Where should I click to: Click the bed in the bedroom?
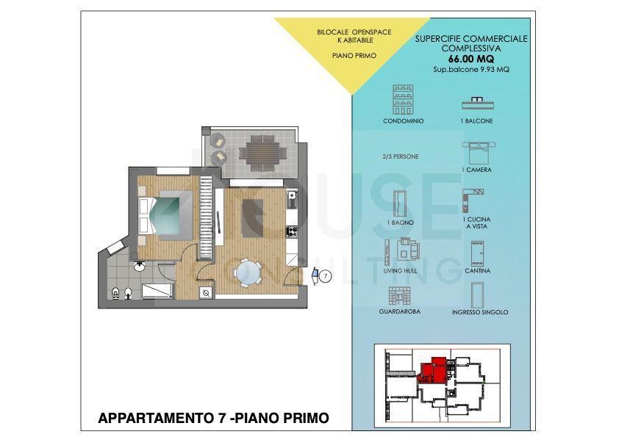(165, 216)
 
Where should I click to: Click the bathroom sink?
(139, 267)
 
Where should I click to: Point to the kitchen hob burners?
(292, 231)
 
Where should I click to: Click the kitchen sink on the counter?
(292, 200)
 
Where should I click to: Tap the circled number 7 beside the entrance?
(325, 276)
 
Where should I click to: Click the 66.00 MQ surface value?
(471, 59)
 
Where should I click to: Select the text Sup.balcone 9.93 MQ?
(471, 70)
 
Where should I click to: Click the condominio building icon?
(403, 99)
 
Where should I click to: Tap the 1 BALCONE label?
(476, 121)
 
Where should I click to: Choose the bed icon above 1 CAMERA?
(479, 153)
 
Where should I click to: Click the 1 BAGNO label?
(401, 223)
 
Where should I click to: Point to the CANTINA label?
(477, 271)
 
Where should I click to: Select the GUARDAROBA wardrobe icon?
(399, 296)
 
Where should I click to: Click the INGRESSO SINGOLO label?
(480, 312)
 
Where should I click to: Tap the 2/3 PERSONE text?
(401, 156)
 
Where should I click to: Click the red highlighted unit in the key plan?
(434, 369)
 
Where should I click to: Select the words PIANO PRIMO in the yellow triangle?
(354, 56)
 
